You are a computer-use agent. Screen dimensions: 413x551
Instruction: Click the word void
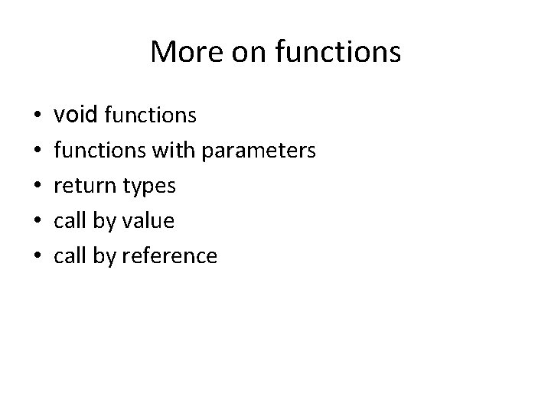(x=76, y=115)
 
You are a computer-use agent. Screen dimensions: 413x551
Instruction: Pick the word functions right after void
(x=150, y=116)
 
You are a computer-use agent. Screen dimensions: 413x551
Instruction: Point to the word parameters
(x=258, y=151)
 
